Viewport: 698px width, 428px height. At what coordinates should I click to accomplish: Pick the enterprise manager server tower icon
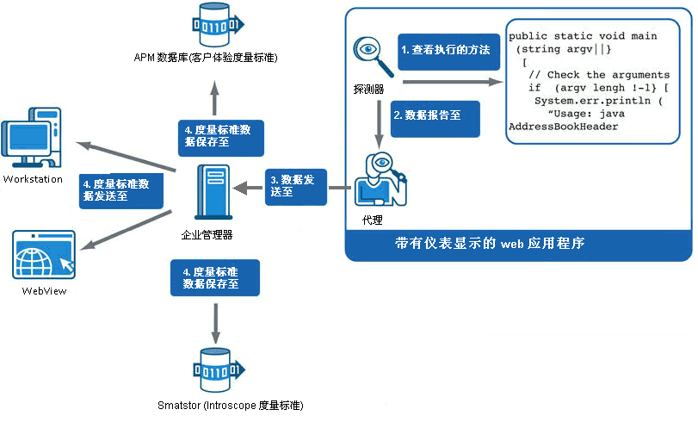tap(207, 195)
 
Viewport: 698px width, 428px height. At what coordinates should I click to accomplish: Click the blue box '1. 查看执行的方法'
tap(445, 51)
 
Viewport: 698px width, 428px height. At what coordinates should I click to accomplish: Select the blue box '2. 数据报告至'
tap(435, 114)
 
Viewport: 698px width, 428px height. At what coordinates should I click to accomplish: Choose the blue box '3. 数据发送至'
tap(296, 186)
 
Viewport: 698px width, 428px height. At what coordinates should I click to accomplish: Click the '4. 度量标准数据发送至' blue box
tap(120, 189)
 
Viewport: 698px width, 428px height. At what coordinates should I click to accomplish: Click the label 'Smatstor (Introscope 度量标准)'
tap(231, 405)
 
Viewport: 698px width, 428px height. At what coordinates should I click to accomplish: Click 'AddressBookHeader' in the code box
tap(563, 127)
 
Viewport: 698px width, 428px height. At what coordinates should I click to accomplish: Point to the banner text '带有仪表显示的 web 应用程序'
tap(490, 244)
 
